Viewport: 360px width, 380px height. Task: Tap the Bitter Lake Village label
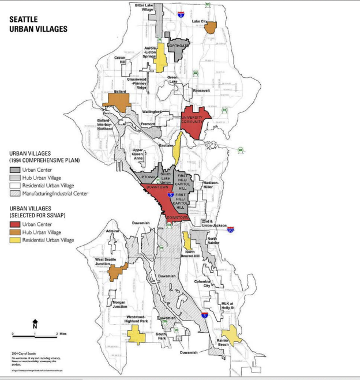[x=144, y=7]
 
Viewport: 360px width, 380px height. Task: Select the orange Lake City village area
[x=211, y=27]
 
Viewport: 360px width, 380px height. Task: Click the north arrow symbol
[x=35, y=324]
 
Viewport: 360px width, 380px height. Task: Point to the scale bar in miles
[x=35, y=334]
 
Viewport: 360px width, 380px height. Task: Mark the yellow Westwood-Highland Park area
[x=137, y=334]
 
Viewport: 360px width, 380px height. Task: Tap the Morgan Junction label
[x=119, y=304]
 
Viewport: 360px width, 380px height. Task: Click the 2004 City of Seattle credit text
[x=25, y=353]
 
